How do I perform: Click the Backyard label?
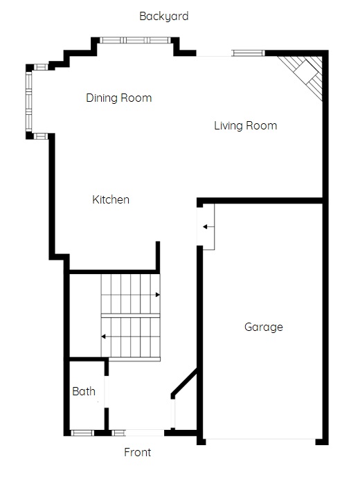coord(163,16)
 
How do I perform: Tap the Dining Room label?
coord(118,98)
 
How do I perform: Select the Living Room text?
coord(246,125)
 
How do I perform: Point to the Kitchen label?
coord(111,199)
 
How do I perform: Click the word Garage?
coord(264,327)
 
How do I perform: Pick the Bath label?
coord(84,391)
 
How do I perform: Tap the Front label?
coord(138,452)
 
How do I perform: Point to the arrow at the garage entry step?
coord(209,226)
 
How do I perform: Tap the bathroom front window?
coord(82,433)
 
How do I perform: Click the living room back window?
coord(248,53)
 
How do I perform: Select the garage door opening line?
coord(260,439)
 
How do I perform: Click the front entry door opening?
coord(145,433)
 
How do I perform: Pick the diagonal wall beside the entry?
coord(184,382)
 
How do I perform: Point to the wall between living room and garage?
coord(260,201)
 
